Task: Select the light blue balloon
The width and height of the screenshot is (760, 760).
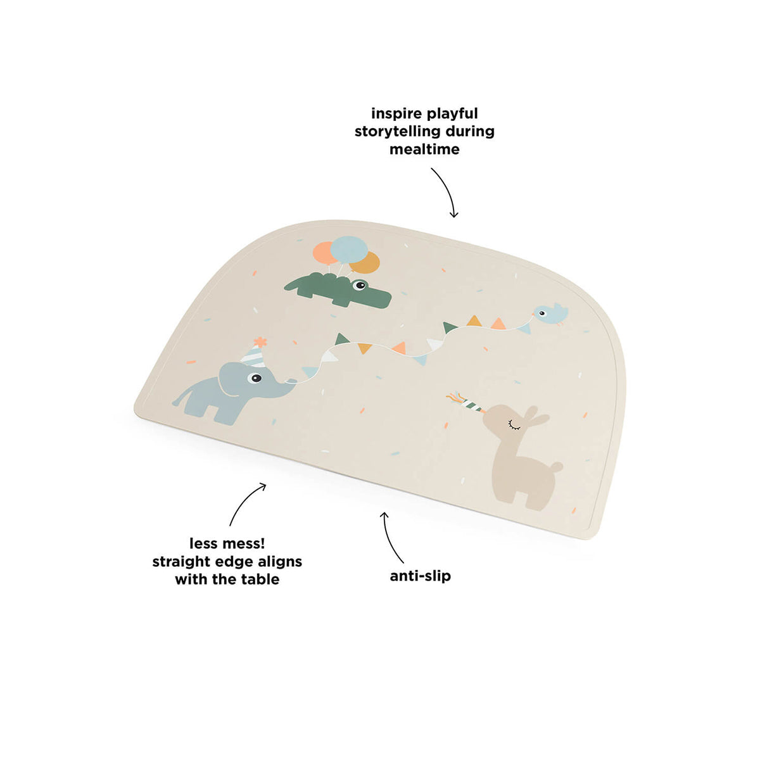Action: click(348, 250)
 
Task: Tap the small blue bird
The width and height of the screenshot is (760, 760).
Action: click(549, 313)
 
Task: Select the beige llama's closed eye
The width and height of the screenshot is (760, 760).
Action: click(514, 424)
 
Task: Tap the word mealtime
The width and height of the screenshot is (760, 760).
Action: click(424, 149)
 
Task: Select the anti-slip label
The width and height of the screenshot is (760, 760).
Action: click(421, 576)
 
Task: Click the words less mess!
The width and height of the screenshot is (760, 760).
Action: click(227, 543)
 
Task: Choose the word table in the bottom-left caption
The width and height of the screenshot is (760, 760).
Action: click(260, 579)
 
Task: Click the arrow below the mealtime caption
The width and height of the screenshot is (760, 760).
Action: click(446, 193)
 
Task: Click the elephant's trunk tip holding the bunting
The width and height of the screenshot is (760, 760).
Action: click(293, 381)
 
